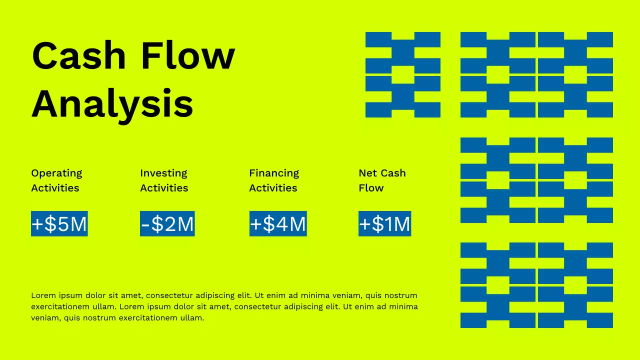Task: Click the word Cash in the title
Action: click(x=78, y=56)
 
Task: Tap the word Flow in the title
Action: click(x=187, y=56)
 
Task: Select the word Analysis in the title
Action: click(x=112, y=104)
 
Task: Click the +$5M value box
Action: click(x=59, y=223)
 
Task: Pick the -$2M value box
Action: click(x=167, y=223)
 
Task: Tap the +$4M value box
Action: click(x=278, y=223)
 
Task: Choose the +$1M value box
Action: click(x=384, y=223)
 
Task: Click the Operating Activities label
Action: click(x=56, y=180)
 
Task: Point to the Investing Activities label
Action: click(x=164, y=180)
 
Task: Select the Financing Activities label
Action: click(x=274, y=180)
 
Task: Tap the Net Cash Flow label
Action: click(x=382, y=180)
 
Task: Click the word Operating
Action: click(x=56, y=173)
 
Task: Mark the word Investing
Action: click(x=163, y=173)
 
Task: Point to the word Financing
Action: click(x=274, y=173)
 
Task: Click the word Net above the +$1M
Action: click(x=367, y=173)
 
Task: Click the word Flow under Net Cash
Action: click(x=371, y=188)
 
